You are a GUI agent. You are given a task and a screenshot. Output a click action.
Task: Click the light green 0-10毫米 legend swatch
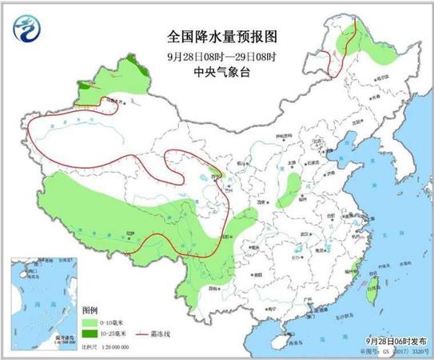pyautogui.click(x=90, y=318)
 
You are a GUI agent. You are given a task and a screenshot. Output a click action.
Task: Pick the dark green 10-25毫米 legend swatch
pyautogui.click(x=90, y=331)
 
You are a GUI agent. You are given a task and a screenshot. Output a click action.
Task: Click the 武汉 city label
pyautogui.click(x=303, y=234)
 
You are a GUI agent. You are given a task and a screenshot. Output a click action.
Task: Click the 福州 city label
pyautogui.click(x=350, y=270)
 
